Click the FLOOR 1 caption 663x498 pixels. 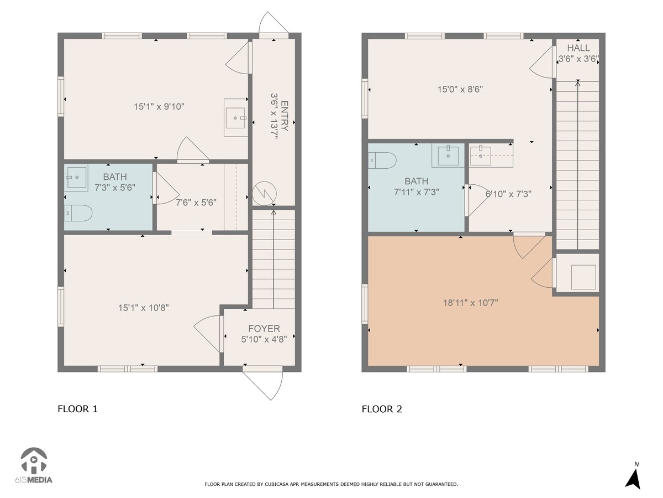click(77, 409)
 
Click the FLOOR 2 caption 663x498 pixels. click(382, 409)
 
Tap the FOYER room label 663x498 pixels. click(264, 328)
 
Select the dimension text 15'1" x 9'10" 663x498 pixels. click(159, 106)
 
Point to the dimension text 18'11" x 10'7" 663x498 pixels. click(471, 303)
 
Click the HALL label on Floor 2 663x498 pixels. click(578, 48)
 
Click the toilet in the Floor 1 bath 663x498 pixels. click(77, 213)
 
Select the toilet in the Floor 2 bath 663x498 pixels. click(382, 160)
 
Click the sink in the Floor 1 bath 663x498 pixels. click(76, 178)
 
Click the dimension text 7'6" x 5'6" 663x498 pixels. click(196, 203)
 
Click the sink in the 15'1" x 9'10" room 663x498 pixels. click(236, 117)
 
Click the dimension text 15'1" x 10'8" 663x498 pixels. click(144, 307)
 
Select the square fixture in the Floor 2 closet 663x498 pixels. click(583, 277)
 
